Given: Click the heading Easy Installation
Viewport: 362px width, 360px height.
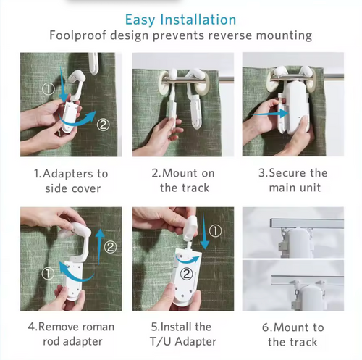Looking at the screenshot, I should point(180,19).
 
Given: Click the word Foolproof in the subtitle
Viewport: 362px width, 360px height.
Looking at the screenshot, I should point(77,35).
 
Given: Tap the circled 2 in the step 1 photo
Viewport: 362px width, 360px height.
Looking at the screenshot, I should point(104,125).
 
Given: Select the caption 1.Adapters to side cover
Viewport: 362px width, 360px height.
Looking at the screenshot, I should point(70,180).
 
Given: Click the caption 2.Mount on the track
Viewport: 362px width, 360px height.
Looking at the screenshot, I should point(182,180).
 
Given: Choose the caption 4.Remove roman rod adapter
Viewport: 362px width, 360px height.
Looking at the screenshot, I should point(70,334).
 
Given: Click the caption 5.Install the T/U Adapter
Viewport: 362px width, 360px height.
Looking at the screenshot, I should point(182,334).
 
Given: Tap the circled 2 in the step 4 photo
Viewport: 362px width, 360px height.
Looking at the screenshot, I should point(110,247).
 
